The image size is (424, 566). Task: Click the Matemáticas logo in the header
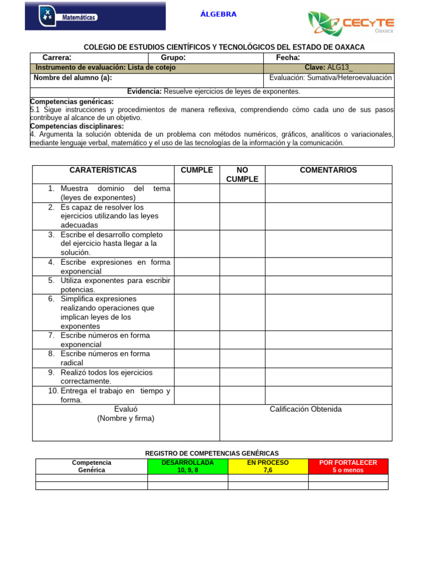point(95,17)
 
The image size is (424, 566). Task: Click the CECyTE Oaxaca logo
point(351,24)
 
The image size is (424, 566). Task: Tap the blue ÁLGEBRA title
point(219,14)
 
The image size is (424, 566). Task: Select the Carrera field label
point(57,58)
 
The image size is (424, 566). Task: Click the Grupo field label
point(173,58)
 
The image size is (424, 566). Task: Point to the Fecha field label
point(288,58)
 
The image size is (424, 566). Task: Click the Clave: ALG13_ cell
point(331,67)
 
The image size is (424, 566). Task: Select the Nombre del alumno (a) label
point(73,78)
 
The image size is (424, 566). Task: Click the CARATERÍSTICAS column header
point(103,170)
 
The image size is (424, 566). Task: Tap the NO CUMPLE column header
point(242,175)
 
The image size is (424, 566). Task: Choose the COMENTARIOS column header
point(328,170)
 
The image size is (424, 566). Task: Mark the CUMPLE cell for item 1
point(197,193)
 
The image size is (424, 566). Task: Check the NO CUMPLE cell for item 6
point(242,312)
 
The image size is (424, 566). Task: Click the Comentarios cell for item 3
point(328,243)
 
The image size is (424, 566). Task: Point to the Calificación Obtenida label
point(305,409)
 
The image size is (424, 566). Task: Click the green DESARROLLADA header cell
point(188,466)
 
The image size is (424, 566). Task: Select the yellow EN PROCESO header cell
point(268,466)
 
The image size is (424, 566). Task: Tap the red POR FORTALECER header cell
point(348,466)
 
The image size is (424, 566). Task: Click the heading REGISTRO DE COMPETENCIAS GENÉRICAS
point(212,453)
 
